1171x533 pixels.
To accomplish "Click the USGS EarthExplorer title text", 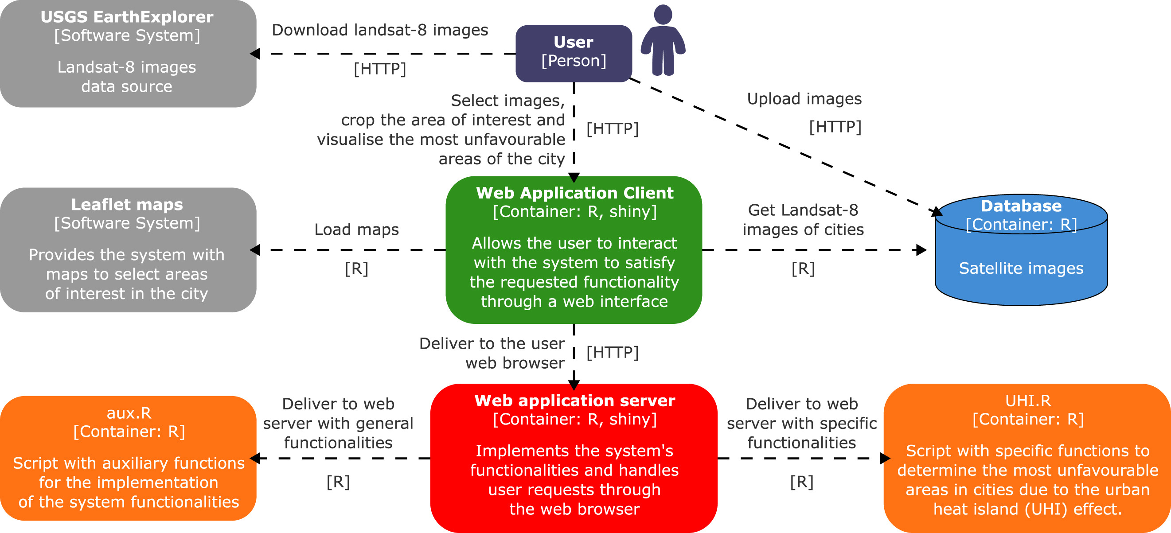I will (127, 17).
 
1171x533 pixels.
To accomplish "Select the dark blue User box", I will (573, 53).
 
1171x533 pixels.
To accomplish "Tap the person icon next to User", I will (663, 41).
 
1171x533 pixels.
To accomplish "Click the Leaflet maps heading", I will (127, 205).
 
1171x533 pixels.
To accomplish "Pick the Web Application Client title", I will (574, 193).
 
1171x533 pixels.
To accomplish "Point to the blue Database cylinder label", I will (1021, 206).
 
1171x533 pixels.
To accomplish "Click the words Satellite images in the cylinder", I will (1021, 268).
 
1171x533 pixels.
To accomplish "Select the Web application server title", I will (574, 401).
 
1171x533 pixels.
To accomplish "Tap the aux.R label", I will (129, 412).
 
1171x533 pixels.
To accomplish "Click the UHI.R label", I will (1028, 401).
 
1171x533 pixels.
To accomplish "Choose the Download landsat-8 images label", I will (379, 30).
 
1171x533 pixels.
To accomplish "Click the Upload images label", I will (804, 99).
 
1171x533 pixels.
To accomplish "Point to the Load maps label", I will (356, 230).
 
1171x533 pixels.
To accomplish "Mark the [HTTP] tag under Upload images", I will (835, 127).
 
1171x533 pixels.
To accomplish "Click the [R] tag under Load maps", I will (356, 268).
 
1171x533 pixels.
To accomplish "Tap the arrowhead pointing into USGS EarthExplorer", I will (255, 54).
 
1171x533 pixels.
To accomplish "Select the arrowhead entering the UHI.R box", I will (885, 458).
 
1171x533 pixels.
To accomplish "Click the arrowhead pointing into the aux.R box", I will (255, 458).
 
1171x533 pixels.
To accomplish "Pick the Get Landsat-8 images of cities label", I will (803, 220).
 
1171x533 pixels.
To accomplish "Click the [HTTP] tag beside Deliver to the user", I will (613, 353).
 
